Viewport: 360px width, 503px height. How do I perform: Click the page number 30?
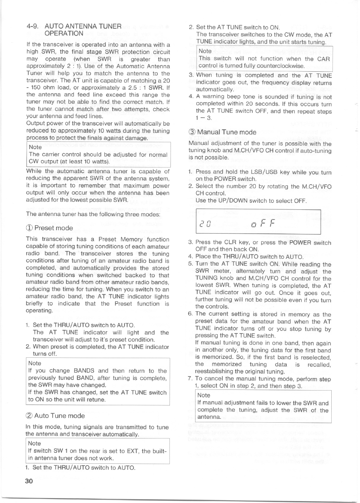pyautogui.click(x=29, y=481)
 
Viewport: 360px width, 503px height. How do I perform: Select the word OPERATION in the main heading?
pyautogui.click(x=64, y=33)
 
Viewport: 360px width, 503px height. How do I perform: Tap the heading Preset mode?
pyautogui.click(x=53, y=228)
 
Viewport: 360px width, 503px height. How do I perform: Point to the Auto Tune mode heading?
pyautogui.click(x=59, y=416)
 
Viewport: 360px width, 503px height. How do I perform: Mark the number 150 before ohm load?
pyautogui.click(x=37, y=88)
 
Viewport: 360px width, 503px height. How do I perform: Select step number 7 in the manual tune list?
pyautogui.click(x=190, y=379)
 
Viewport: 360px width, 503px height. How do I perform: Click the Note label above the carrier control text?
pyautogui.click(x=35, y=147)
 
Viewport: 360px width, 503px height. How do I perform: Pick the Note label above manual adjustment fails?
pyautogui.click(x=204, y=395)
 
